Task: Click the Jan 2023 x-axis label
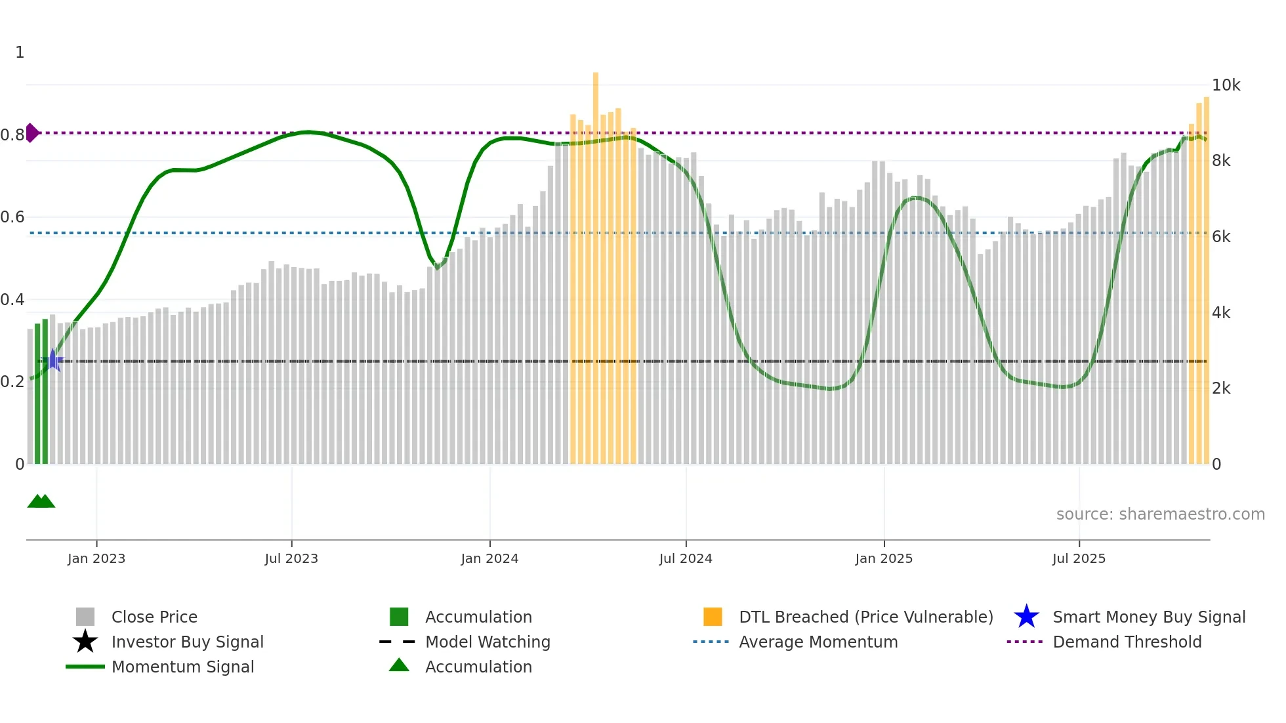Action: (96, 558)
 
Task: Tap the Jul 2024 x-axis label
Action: (686, 558)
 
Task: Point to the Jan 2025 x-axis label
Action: (884, 558)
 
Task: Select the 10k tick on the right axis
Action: (1226, 85)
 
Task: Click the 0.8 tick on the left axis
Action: (12, 135)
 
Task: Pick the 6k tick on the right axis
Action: (1221, 237)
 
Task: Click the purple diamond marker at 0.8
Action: (31, 133)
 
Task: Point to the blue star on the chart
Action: (53, 360)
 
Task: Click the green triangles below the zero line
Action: (41, 501)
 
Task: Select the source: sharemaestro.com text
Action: (1160, 514)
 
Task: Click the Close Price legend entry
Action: (154, 617)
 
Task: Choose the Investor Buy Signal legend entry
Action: (187, 642)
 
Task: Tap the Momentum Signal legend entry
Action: (182, 667)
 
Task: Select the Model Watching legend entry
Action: (487, 642)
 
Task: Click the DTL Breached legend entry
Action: (865, 617)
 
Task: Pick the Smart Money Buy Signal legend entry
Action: (1148, 617)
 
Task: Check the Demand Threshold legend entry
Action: (1127, 642)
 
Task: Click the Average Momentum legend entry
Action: (818, 642)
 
